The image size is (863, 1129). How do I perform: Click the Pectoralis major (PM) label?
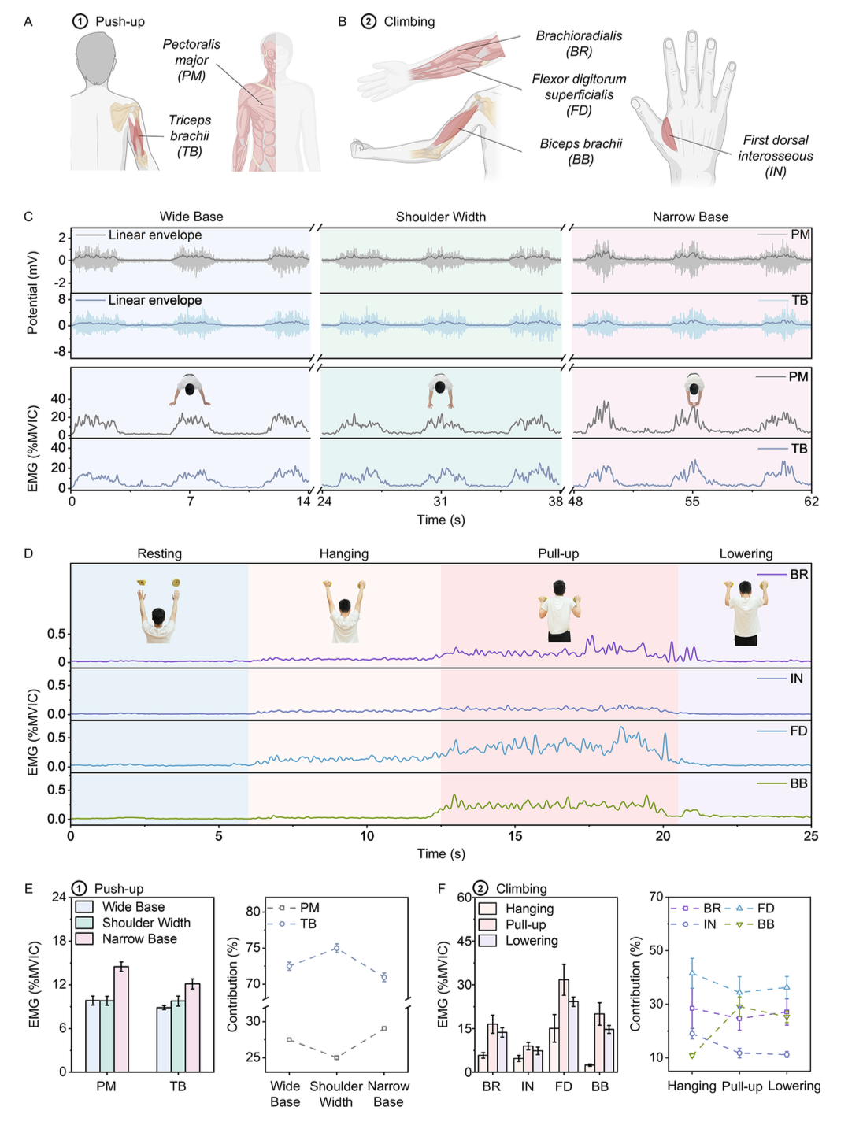click(x=191, y=60)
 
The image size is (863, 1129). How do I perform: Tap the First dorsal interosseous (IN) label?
click(x=776, y=155)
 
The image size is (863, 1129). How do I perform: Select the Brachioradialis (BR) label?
click(x=579, y=43)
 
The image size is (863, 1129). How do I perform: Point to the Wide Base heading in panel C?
click(x=191, y=217)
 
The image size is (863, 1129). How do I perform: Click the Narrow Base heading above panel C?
click(x=691, y=217)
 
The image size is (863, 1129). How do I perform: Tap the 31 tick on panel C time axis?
click(x=440, y=502)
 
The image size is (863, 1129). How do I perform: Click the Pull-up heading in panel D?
click(x=558, y=553)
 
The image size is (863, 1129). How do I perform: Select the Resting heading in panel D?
click(x=159, y=553)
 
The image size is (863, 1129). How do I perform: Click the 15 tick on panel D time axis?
click(x=515, y=836)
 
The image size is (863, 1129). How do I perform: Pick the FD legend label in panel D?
click(x=798, y=731)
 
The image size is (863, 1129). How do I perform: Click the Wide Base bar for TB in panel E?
click(x=163, y=1039)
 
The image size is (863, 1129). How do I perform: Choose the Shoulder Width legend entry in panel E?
click(x=146, y=923)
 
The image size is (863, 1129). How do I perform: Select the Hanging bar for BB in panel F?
click(x=589, y=1068)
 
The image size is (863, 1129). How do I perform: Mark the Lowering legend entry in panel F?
click(x=532, y=940)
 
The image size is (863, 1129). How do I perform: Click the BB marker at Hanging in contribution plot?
click(x=692, y=1055)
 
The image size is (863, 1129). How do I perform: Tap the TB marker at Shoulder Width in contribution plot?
click(x=336, y=948)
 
